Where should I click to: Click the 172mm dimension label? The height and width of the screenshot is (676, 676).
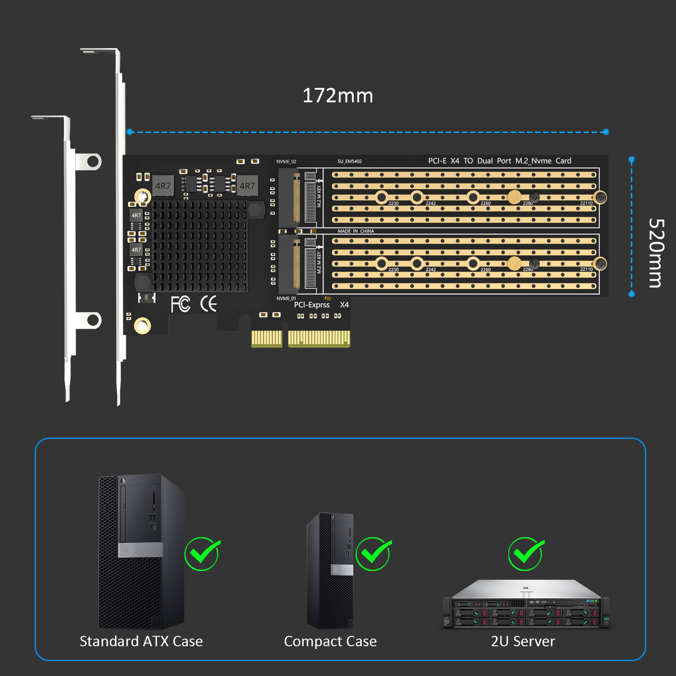click(338, 96)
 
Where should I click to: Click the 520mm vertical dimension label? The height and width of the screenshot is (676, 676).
click(656, 253)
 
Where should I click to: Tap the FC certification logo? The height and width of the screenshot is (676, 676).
click(180, 304)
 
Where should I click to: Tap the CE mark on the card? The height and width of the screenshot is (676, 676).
click(209, 304)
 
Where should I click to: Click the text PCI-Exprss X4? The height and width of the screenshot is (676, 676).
click(321, 305)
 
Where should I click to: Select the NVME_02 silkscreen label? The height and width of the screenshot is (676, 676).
click(286, 161)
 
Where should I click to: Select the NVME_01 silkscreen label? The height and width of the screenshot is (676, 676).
click(286, 298)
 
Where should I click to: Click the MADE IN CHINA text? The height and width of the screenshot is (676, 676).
click(356, 231)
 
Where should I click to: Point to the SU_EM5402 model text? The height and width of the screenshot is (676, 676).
click(350, 161)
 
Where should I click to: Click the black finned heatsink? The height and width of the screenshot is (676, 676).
click(200, 246)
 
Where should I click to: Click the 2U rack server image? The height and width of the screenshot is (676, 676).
click(526, 604)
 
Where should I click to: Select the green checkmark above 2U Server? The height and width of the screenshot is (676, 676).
click(526, 553)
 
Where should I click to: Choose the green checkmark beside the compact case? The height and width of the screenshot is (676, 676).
click(373, 553)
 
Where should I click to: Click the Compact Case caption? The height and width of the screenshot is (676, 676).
click(330, 641)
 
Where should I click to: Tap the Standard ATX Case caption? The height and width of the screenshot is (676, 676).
click(141, 641)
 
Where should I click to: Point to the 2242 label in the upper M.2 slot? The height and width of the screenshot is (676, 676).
click(430, 203)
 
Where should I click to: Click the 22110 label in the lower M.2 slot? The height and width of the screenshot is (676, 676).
click(586, 269)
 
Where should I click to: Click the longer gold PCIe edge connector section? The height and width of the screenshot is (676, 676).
click(319, 338)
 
